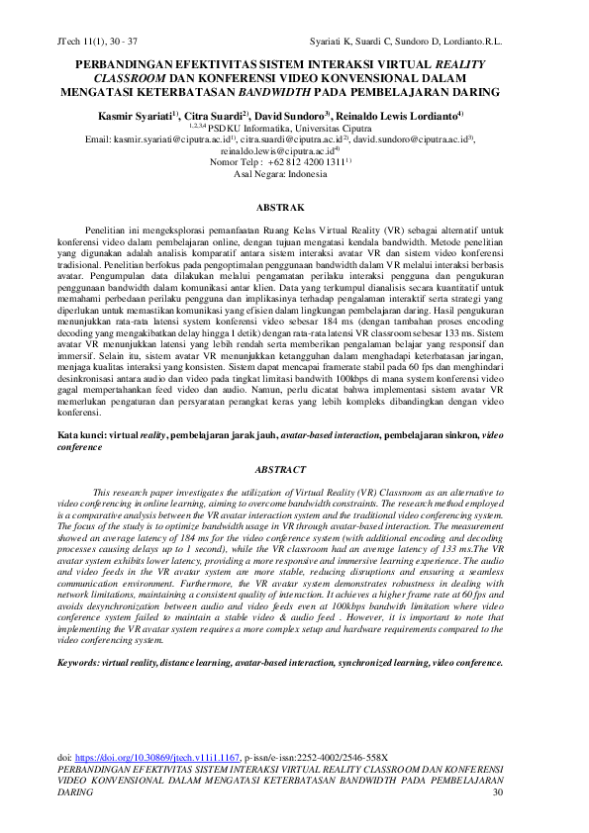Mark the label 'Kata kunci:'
(x=83, y=434)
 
